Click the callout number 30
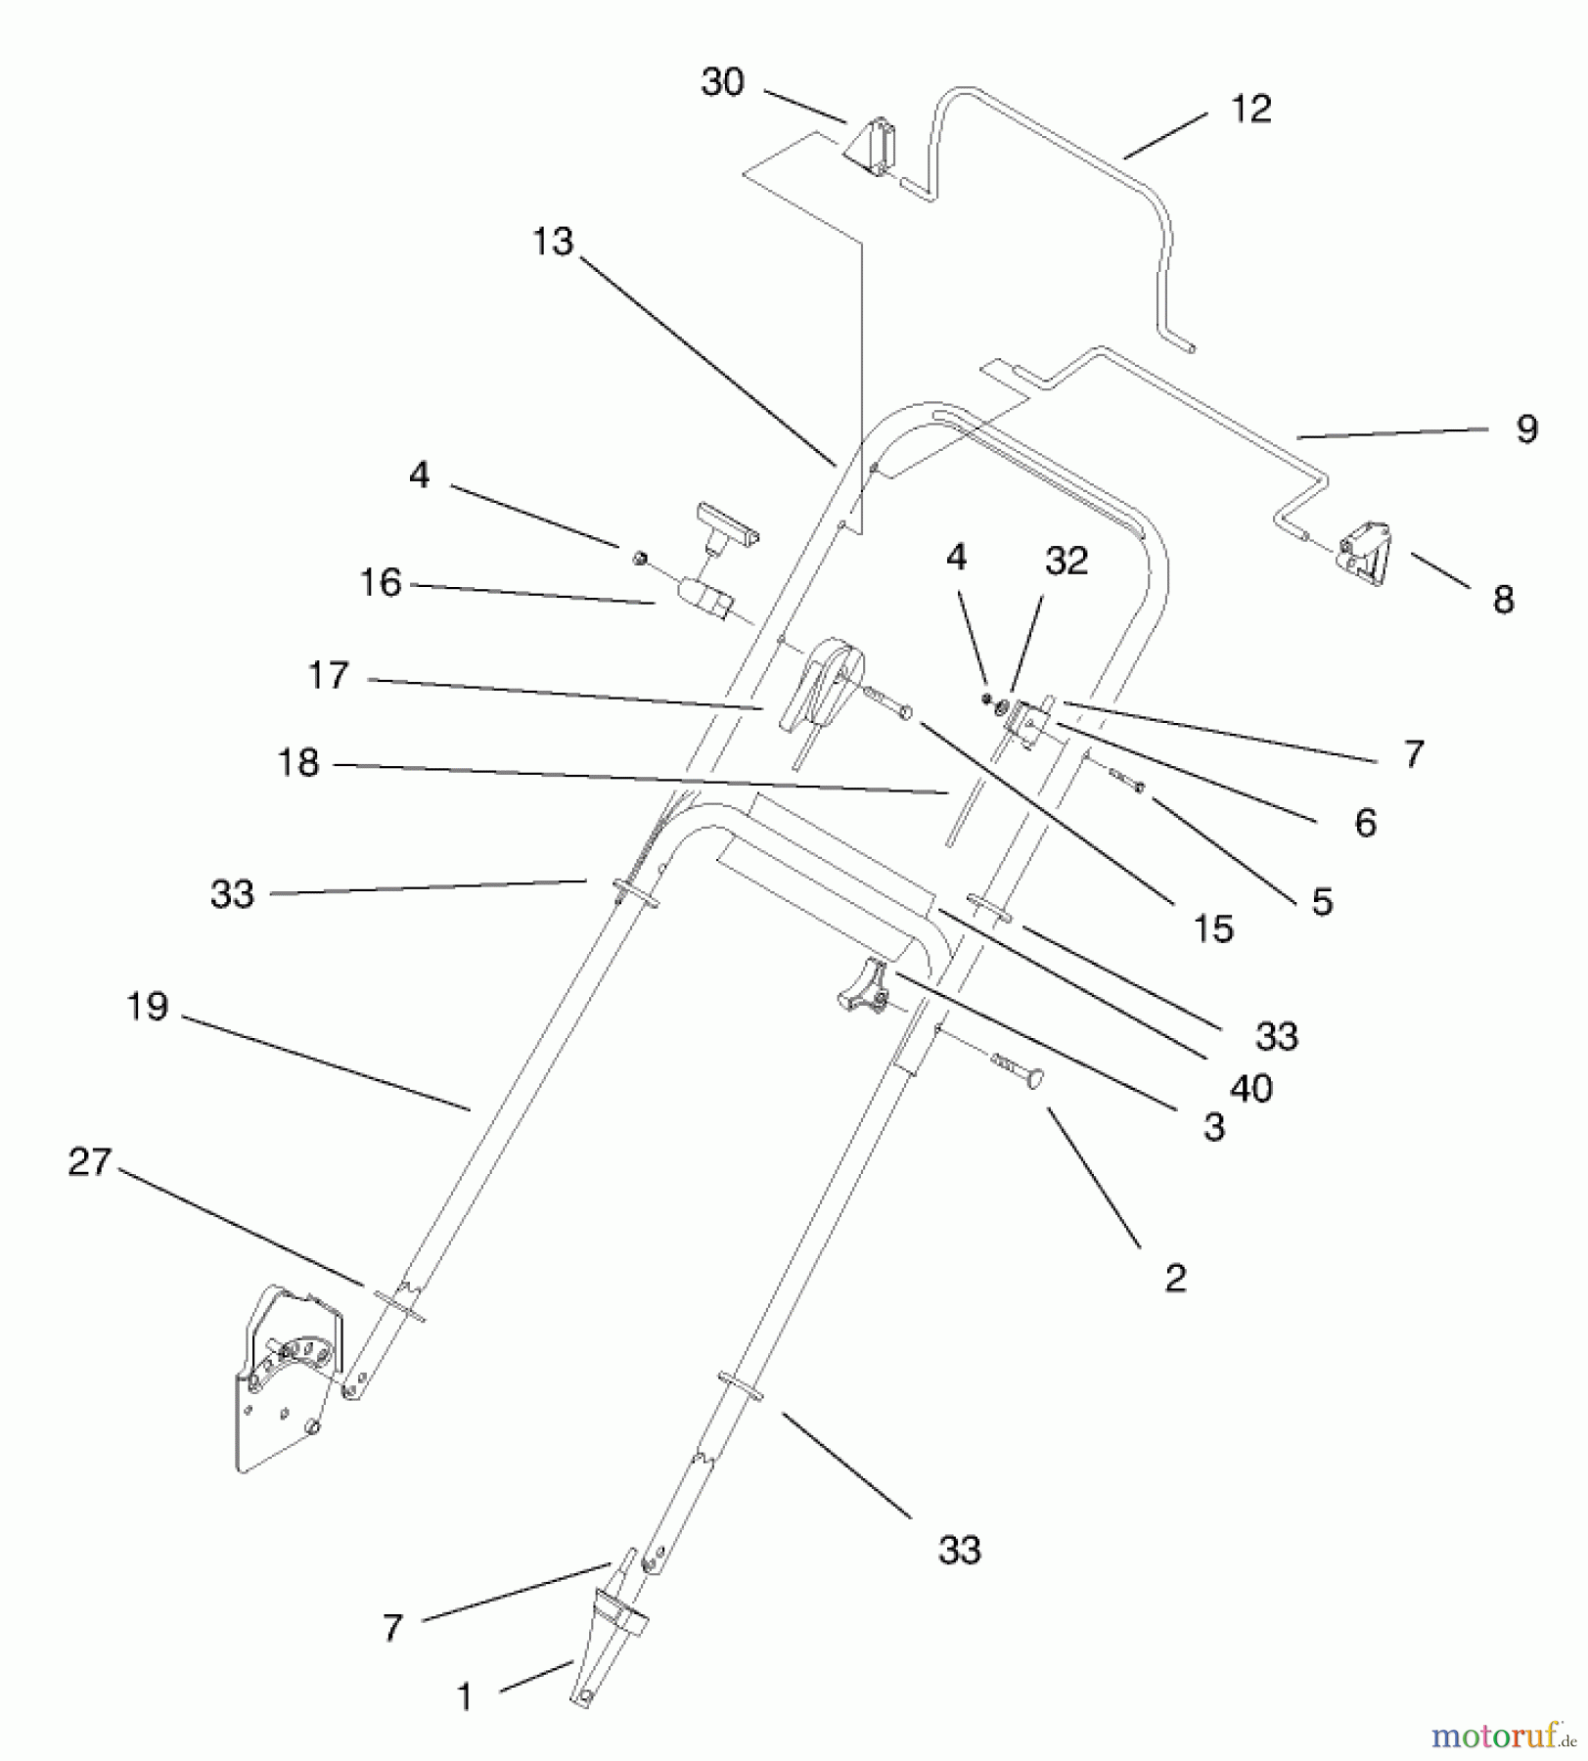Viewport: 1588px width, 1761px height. [x=722, y=83]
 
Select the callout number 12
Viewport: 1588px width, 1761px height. [x=1250, y=110]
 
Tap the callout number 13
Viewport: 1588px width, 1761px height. [x=552, y=242]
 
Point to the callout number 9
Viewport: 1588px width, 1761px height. [x=1526, y=429]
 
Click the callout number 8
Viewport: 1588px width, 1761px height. [x=1503, y=600]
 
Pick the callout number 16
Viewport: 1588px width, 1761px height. [x=381, y=583]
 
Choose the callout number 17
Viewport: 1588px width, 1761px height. [x=328, y=676]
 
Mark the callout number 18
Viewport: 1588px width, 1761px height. [x=298, y=763]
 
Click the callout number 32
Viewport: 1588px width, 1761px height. [x=1066, y=562]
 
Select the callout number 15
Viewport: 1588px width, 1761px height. [x=1213, y=929]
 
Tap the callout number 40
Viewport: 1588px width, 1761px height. [x=1250, y=1088]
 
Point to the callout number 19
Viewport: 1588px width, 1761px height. [x=148, y=1007]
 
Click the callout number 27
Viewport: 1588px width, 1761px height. [x=90, y=1163]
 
